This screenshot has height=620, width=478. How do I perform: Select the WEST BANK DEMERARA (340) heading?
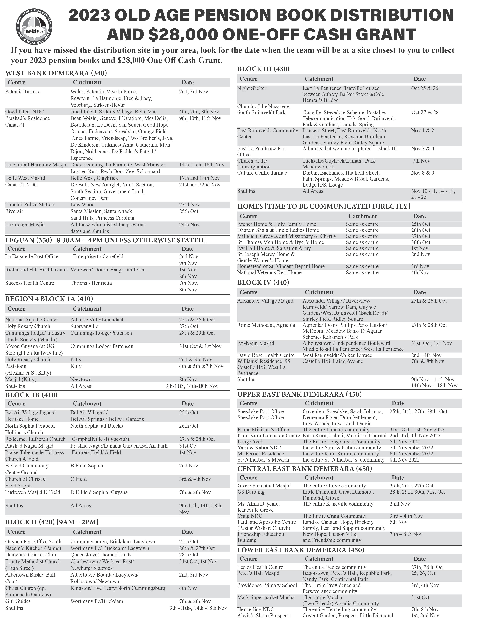56,73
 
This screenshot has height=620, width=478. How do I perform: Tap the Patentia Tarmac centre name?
23,92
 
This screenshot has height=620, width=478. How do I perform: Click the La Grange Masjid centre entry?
25,225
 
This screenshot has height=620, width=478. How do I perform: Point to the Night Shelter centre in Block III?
252,88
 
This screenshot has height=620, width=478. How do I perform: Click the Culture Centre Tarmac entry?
262,173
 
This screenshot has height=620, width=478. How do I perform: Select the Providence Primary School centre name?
267,585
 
